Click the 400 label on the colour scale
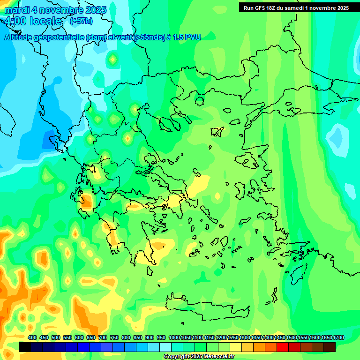tap(32, 338)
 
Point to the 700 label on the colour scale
tap(103, 338)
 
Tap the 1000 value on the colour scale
tap(174, 338)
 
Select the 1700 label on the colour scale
tap(339, 338)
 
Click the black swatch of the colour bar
tap(25, 347)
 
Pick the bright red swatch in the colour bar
tap(283, 347)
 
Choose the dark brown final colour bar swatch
tap(330, 347)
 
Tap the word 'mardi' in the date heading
tap(17, 10)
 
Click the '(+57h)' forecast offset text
tap(81, 21)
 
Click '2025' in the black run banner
tap(341, 8)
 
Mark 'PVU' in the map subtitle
tap(192, 37)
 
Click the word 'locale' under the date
tap(45, 21)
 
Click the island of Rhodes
tap(298, 272)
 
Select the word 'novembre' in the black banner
tap(320, 8)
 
